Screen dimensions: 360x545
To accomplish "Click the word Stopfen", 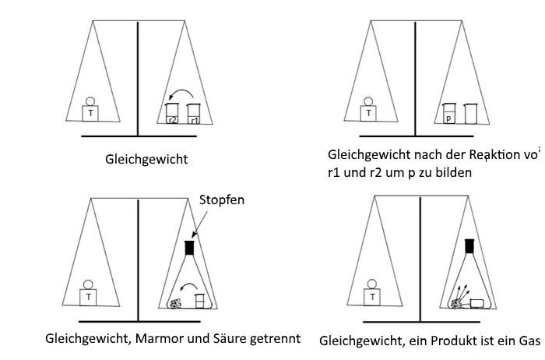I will point(222,200).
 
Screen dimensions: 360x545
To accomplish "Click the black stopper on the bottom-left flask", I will point(189,249).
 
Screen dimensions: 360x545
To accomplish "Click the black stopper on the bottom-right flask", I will point(469,245).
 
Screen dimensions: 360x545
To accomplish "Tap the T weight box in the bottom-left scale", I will point(90,297).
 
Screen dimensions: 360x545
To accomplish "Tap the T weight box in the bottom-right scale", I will point(374,297).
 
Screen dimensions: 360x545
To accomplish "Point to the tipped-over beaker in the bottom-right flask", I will point(475,302).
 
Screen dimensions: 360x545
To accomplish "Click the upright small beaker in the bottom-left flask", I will point(199,299).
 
